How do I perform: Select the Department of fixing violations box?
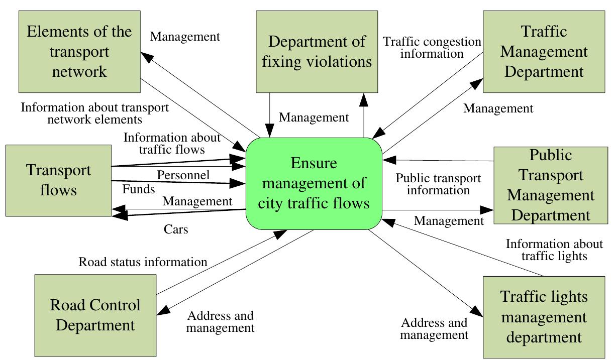317,51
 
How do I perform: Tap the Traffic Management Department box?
544,51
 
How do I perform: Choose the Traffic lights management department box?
544,317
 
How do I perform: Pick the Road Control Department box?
95,315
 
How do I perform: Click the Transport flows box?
59,180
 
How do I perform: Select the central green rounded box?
314,184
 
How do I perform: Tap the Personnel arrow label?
183,175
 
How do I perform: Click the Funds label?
138,189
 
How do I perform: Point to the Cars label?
176,229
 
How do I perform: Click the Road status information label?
143,262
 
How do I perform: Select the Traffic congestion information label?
432,47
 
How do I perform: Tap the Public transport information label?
438,184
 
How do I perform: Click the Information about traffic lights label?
554,250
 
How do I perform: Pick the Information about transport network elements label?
94,113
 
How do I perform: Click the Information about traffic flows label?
172,143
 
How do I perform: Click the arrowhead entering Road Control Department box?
162,312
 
